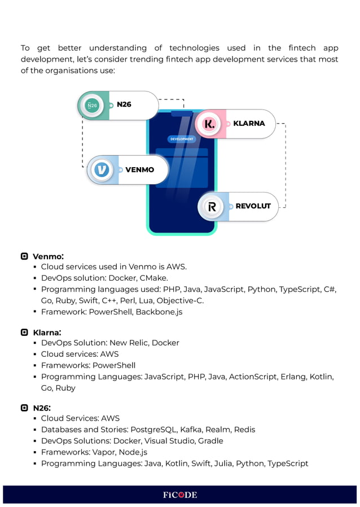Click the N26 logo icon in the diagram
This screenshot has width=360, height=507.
coord(92,106)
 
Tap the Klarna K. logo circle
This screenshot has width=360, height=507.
coord(209,124)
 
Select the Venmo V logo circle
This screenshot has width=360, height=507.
coord(102,169)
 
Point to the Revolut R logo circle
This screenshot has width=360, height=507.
coord(212,207)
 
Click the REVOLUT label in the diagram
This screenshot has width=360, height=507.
coord(253,206)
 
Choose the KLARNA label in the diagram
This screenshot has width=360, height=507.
coord(249,123)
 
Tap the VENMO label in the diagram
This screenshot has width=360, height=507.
coord(139,169)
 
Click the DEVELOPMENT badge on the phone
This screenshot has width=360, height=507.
coord(182,139)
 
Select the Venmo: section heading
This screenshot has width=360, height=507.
coord(48,257)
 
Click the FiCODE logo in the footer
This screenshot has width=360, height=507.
coord(180,495)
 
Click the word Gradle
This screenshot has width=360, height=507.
coord(210,441)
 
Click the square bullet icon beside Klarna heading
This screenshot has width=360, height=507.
coord(24,333)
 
